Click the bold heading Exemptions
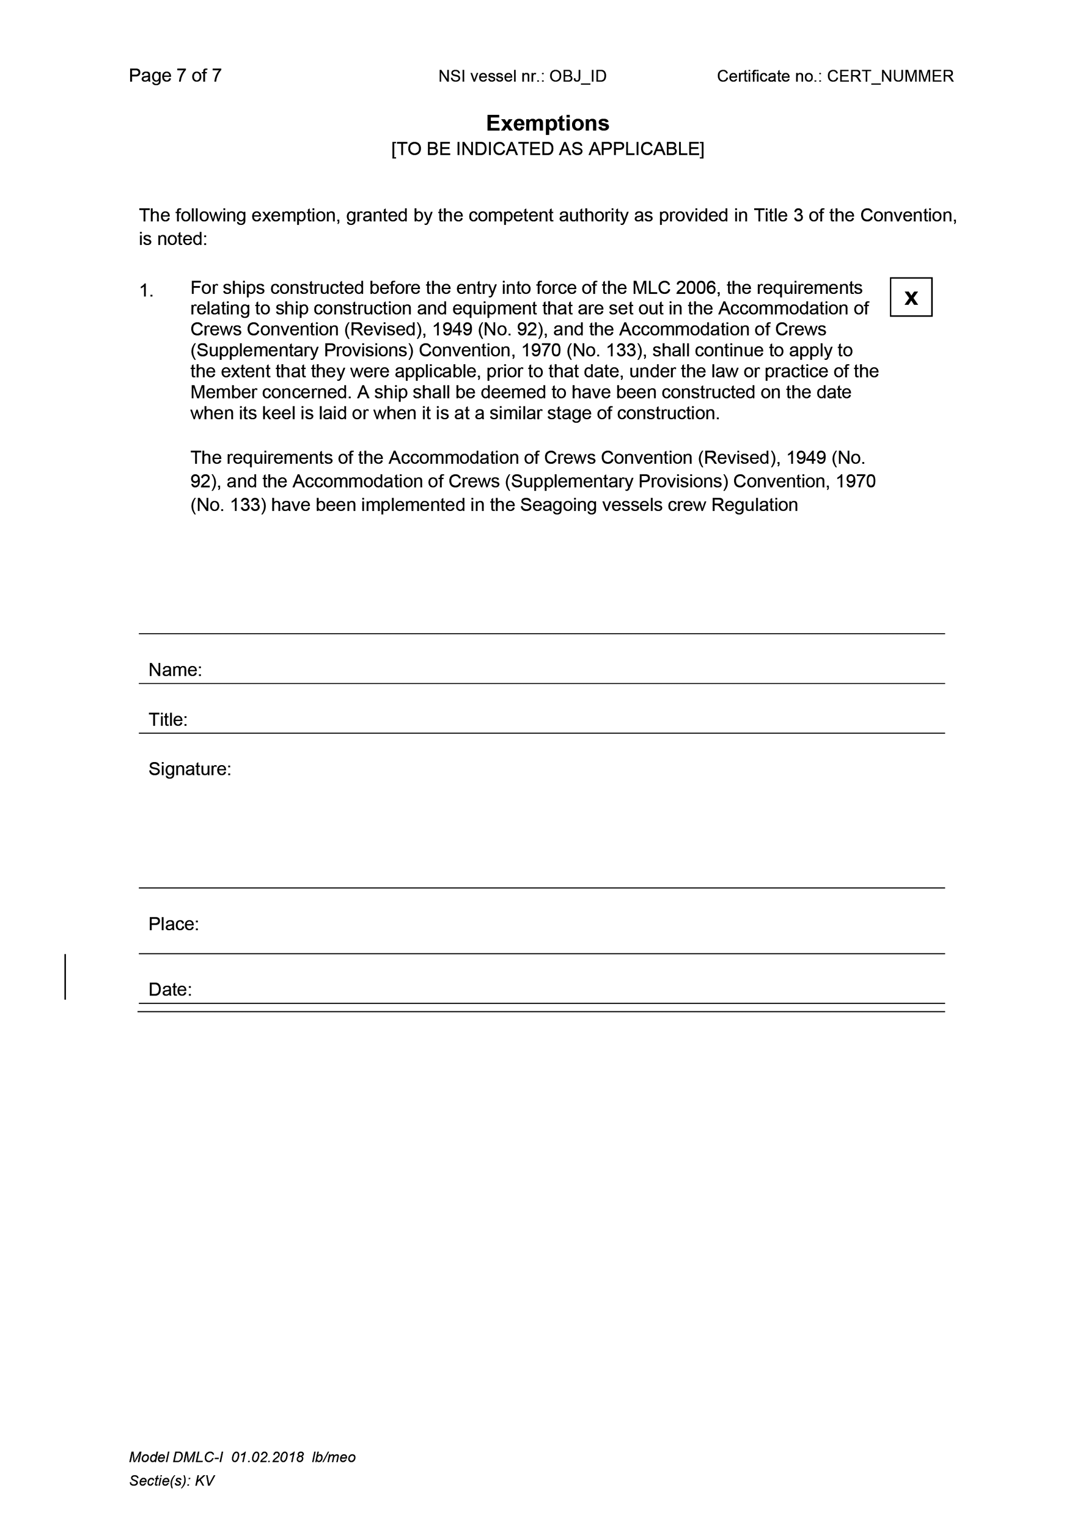tap(547, 123)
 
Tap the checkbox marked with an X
tap(911, 298)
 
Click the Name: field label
tap(175, 670)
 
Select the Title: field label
tap(167, 720)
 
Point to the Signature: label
tap(189, 769)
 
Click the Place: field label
tap(174, 924)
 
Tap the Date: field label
tap(170, 989)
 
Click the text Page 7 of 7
tap(175, 76)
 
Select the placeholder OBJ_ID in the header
tap(578, 77)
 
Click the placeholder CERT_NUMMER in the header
tap(890, 77)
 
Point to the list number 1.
tap(146, 291)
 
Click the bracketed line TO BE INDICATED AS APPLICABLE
tap(547, 148)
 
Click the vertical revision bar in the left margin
tap(65, 977)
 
